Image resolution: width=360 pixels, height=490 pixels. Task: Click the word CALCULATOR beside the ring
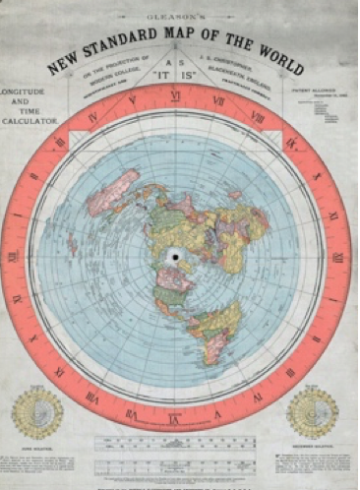coord(30,121)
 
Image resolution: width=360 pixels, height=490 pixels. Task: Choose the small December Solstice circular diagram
coord(312,412)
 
